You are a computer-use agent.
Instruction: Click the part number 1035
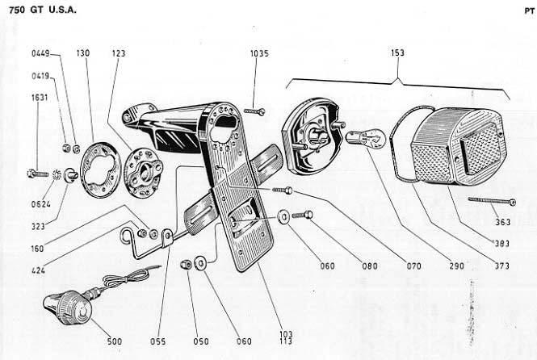259,54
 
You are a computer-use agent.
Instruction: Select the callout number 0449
40,54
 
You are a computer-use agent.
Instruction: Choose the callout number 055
157,341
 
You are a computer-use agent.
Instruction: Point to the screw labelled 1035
255,111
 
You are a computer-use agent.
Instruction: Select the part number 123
119,54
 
